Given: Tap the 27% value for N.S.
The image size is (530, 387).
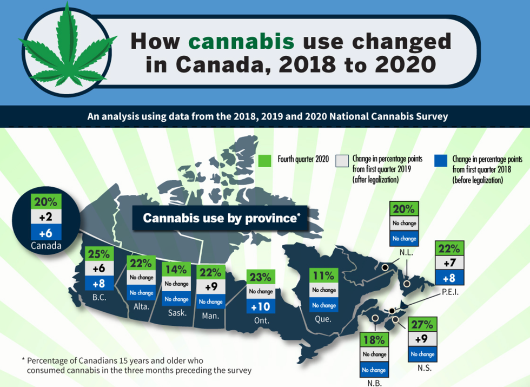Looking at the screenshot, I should (421, 325).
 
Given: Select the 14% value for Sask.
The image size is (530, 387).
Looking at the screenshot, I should (176, 270).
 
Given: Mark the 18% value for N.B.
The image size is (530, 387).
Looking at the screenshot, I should (374, 340).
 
